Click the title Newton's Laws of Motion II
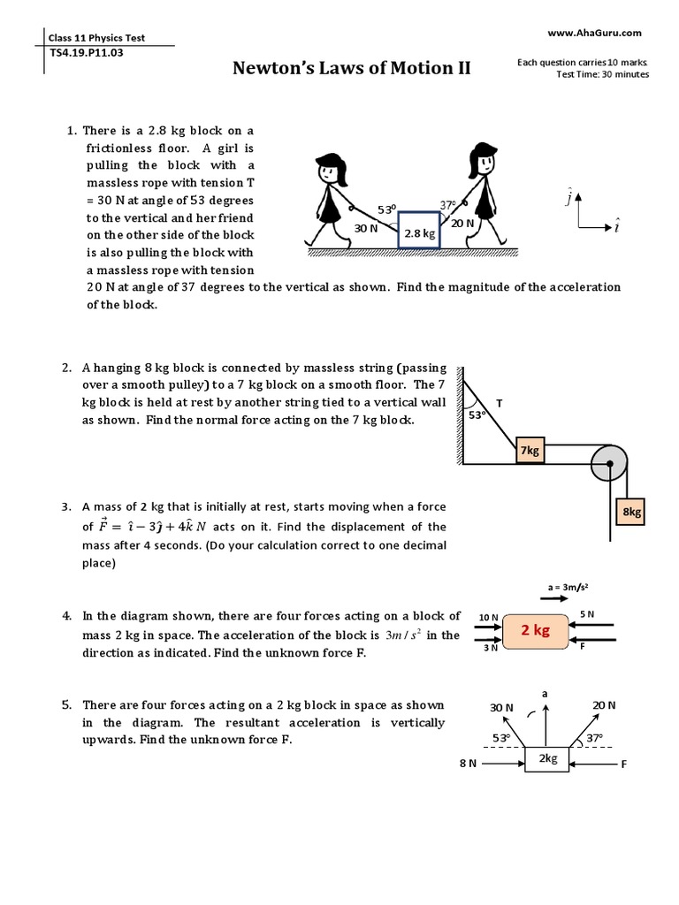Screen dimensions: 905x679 pos(352,68)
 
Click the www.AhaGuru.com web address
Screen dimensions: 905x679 pos(594,33)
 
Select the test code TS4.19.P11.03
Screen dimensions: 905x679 pos(88,52)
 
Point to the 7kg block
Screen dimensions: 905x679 pos(530,451)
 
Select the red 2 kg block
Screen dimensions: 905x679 pos(536,630)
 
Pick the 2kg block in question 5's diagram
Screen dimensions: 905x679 pos(548,759)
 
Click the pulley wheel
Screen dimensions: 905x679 pos(608,462)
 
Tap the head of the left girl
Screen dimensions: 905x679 pos(329,168)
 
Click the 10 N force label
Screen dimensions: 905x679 pos(489,616)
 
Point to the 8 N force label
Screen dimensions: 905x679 pos(468,763)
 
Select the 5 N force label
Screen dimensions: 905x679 pos(587,613)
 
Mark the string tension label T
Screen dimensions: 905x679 pos(499,403)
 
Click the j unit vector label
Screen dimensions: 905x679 pos(568,198)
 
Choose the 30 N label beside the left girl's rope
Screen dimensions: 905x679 pos(366,228)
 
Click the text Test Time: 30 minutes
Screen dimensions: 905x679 pos(603,74)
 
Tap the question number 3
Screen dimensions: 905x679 pos(65,507)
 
